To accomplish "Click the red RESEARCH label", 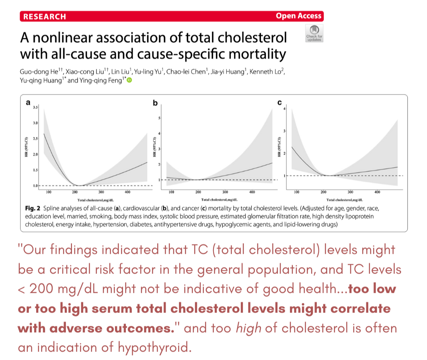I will [44, 16].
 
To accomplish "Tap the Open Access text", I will [298, 16].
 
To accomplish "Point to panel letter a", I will [28, 103].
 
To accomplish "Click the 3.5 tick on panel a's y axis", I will [36, 108].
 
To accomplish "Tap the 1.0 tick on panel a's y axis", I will [36, 185].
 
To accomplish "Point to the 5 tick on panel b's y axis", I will [160, 118].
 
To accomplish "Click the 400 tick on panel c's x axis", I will [377, 193].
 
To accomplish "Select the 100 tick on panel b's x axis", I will [171, 192].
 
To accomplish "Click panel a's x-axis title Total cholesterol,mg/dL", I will [95, 200].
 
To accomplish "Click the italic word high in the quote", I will [246, 328].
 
